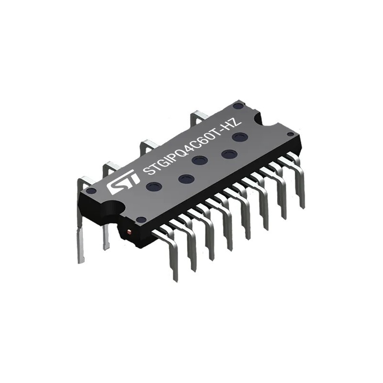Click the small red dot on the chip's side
coord(129,232)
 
